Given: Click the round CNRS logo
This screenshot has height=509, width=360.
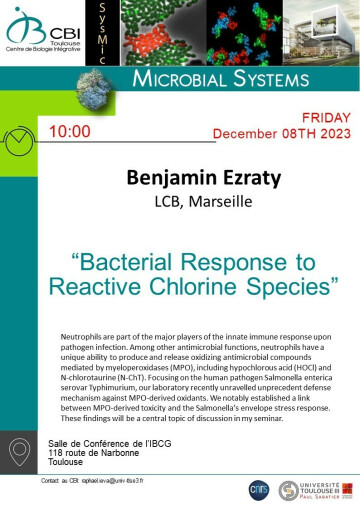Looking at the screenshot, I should pyautogui.click(x=259, y=490).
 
